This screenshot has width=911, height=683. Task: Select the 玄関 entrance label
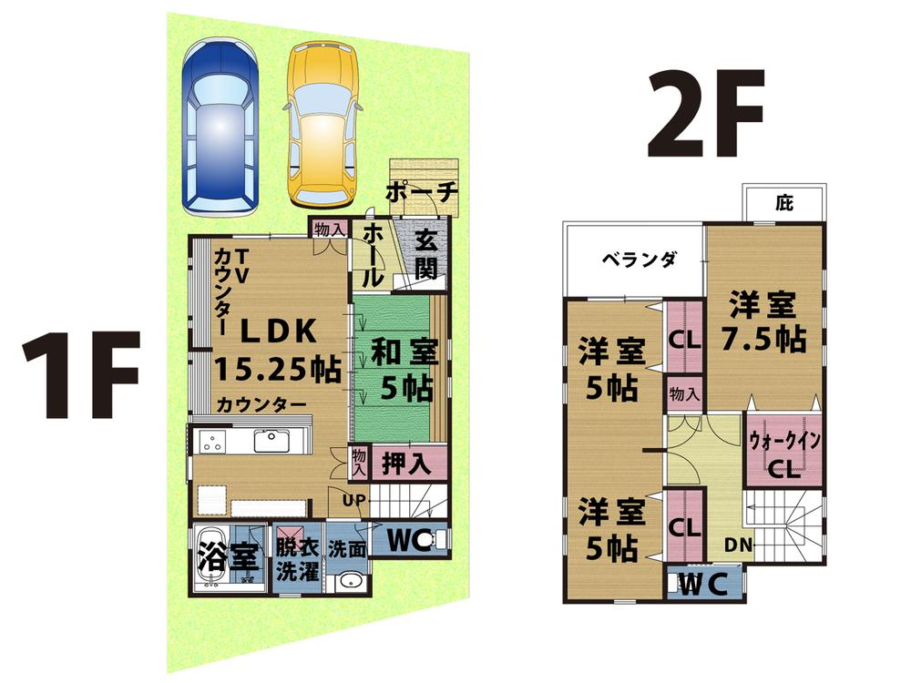(x=427, y=254)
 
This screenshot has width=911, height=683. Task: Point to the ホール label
(x=374, y=257)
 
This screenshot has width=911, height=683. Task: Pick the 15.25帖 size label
(x=278, y=369)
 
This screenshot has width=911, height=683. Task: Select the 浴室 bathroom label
(x=223, y=556)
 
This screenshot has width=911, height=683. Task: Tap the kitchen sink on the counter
(x=271, y=442)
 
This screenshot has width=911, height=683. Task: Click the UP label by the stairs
(x=354, y=500)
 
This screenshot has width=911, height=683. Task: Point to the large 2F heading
(x=704, y=117)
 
